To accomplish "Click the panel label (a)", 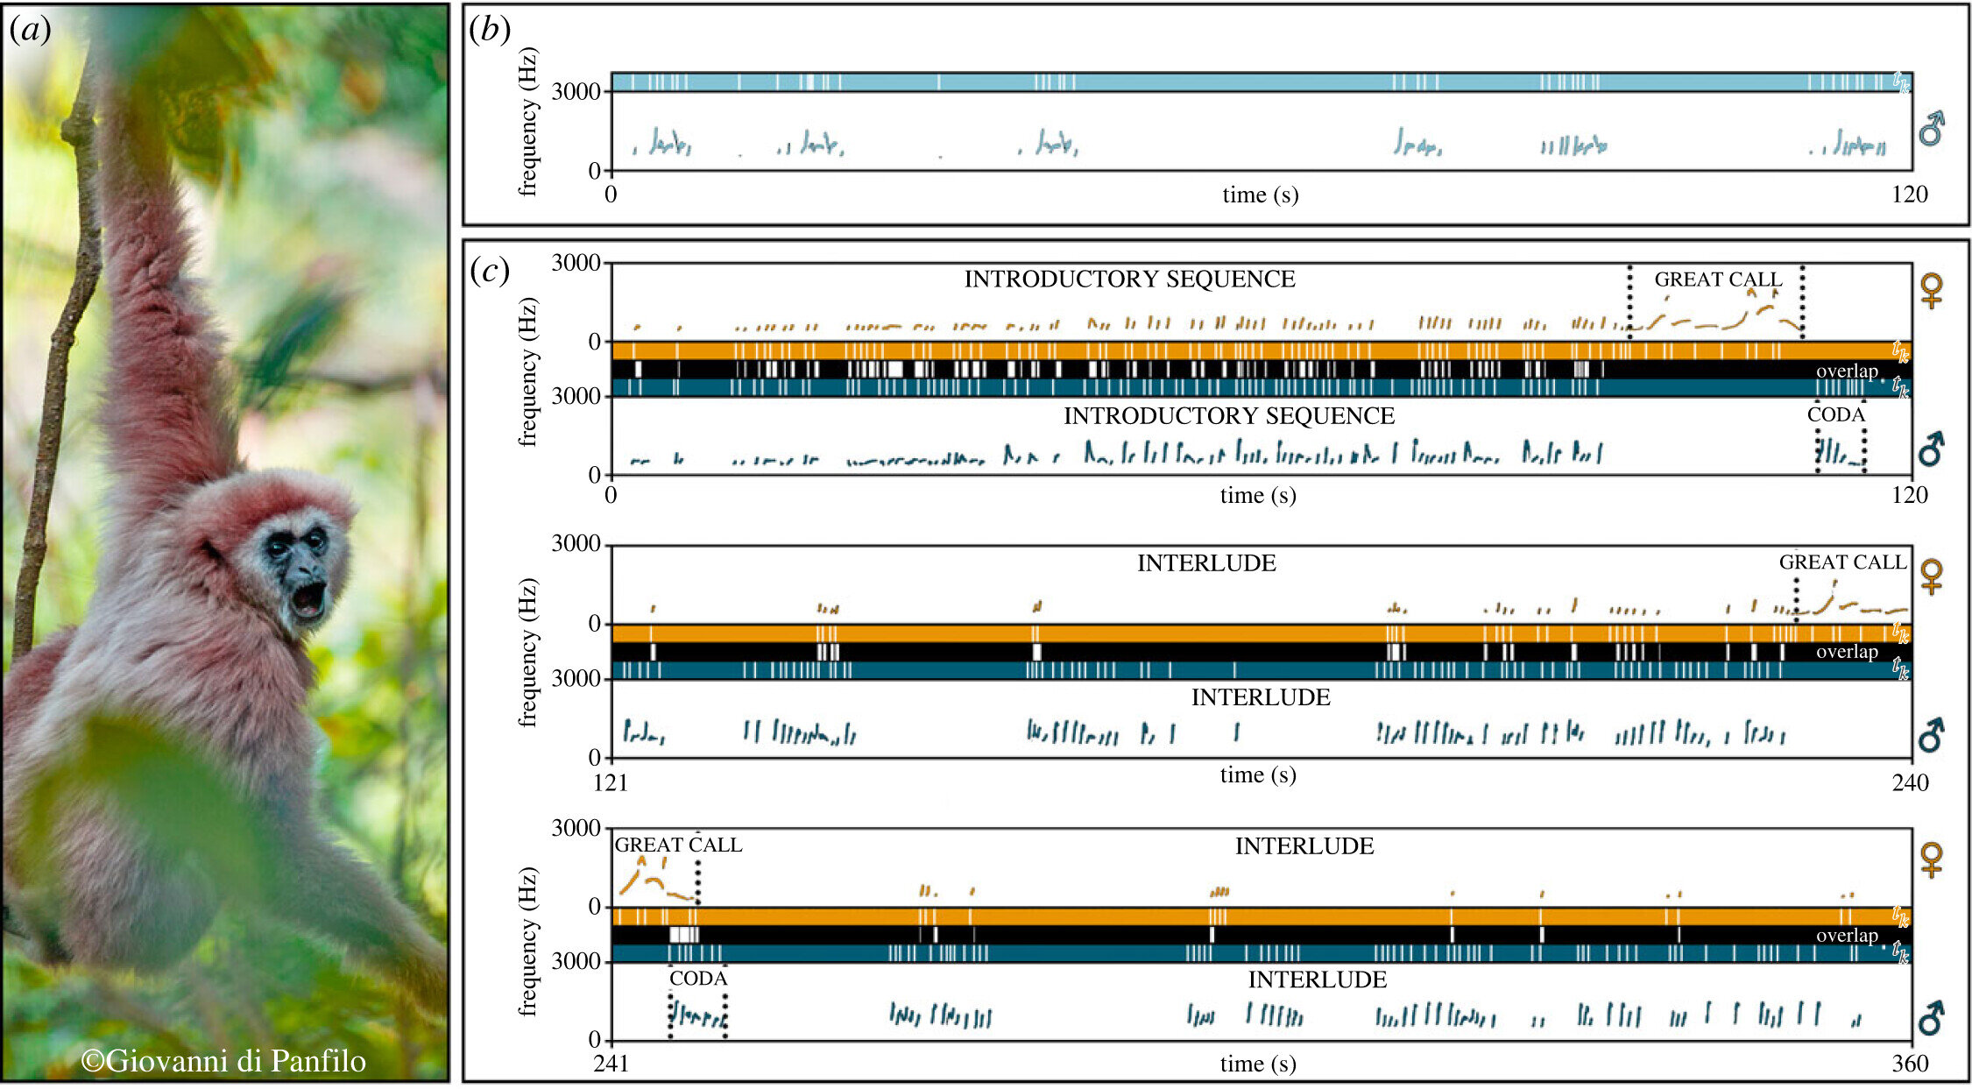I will (x=30, y=31).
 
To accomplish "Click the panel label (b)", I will (x=490, y=31).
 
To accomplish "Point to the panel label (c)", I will (x=490, y=271).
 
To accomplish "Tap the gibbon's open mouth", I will (x=308, y=599).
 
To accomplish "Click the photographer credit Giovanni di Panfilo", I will (x=224, y=1061).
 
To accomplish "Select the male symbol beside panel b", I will (x=1931, y=130).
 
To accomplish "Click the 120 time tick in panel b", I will (x=1909, y=194).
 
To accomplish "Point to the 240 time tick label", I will (x=1909, y=782).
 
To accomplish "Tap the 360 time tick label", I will (x=1909, y=1064).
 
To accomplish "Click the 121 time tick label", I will (x=611, y=782).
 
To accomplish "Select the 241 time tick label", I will (x=611, y=1064).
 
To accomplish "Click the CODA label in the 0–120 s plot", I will (x=1836, y=415).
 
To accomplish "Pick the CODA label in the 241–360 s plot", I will (x=698, y=979).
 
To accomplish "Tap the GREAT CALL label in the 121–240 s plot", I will (x=1842, y=562).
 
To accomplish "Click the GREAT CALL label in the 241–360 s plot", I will (x=678, y=845).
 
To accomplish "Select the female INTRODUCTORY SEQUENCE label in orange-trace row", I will (x=1129, y=279).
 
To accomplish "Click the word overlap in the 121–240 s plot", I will (x=1847, y=652).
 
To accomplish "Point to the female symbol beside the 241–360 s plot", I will (x=1931, y=859).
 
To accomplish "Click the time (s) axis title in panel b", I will (x=1260, y=194).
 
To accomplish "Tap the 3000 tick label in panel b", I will (x=576, y=92).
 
